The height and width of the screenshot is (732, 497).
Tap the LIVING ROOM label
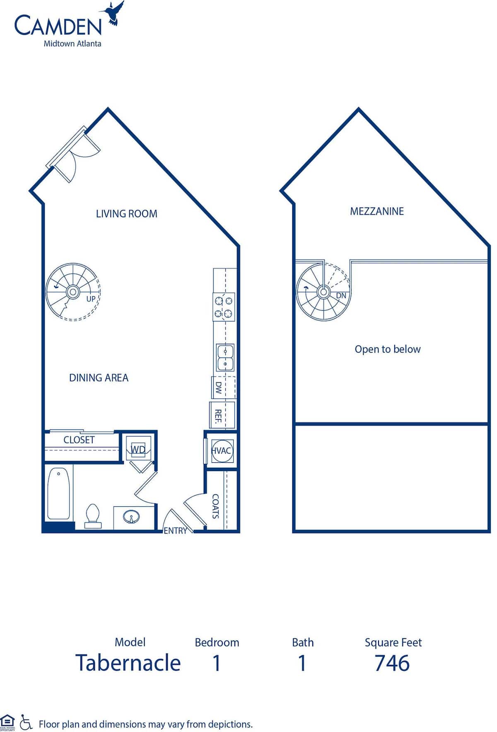[x=126, y=214]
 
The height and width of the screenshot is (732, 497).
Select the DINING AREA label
[x=99, y=378]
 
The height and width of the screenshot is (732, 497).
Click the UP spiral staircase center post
[x=73, y=292]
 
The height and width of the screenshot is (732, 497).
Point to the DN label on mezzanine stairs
[x=341, y=296]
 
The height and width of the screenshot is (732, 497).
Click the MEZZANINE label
[x=377, y=211]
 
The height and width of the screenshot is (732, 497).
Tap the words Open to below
[x=387, y=349]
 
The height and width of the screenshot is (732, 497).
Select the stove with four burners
[x=224, y=307]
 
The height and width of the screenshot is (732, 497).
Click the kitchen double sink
[x=225, y=358]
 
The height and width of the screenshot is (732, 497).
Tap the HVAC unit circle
[x=222, y=451]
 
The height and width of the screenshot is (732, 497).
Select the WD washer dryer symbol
[x=138, y=449]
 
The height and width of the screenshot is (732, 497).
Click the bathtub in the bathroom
[x=58, y=493]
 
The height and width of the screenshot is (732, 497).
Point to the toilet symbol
[x=93, y=516]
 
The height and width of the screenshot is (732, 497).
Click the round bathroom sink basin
[x=131, y=517]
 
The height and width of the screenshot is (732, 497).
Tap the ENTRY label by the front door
[x=175, y=531]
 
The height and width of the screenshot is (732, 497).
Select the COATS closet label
[x=215, y=506]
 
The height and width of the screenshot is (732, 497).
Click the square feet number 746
[x=392, y=663]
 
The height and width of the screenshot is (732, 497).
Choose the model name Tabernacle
[x=128, y=663]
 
